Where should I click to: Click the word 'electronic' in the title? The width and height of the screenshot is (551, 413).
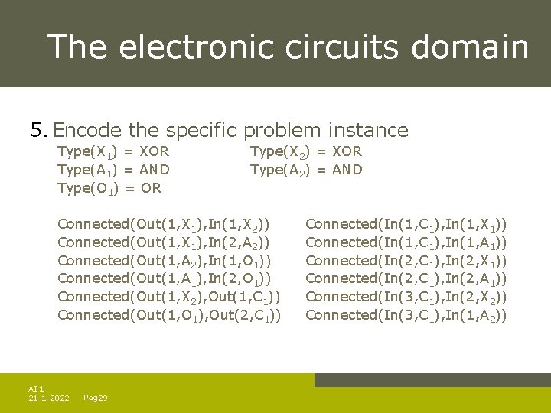click(199, 47)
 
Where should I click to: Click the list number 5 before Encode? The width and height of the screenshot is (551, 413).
click(38, 130)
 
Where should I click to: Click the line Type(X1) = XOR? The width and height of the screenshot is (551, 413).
click(113, 152)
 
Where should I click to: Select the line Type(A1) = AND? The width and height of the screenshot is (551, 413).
click(113, 170)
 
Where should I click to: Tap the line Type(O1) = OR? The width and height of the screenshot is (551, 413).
click(109, 188)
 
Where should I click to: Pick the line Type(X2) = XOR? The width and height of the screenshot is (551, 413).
click(306, 152)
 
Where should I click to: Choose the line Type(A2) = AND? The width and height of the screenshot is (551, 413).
click(306, 170)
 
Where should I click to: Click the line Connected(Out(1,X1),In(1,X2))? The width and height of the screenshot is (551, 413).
click(165, 225)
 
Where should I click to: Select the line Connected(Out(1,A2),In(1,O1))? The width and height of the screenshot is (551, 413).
click(165, 261)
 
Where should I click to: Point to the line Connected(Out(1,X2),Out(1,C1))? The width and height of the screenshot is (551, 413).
click(168, 297)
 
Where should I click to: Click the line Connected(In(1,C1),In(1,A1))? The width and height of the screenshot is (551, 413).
click(406, 243)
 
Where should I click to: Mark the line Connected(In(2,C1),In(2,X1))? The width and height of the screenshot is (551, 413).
click(406, 261)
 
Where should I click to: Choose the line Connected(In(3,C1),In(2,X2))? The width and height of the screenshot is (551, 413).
click(406, 297)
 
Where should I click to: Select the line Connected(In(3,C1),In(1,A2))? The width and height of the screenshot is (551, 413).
click(406, 315)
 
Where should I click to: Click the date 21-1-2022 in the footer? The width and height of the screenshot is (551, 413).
click(49, 398)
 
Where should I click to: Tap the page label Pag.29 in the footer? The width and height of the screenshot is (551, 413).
click(95, 398)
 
